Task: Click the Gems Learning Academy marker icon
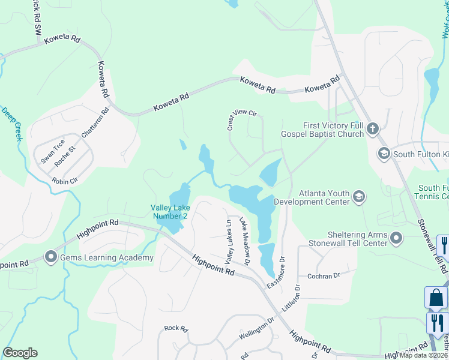click(50, 258)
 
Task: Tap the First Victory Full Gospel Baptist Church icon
click(373, 128)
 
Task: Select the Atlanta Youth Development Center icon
click(359, 196)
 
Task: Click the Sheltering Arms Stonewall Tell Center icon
click(396, 239)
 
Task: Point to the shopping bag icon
click(436, 298)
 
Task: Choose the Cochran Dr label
click(324, 275)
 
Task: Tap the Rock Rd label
click(176, 329)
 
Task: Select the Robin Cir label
click(65, 181)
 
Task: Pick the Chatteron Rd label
click(96, 123)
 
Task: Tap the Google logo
click(20, 353)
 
